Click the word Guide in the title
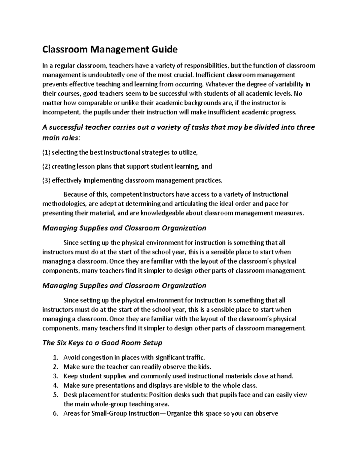164,49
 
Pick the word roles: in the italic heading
70,138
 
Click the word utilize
188,152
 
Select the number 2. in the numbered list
55,367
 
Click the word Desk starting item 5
70,395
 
